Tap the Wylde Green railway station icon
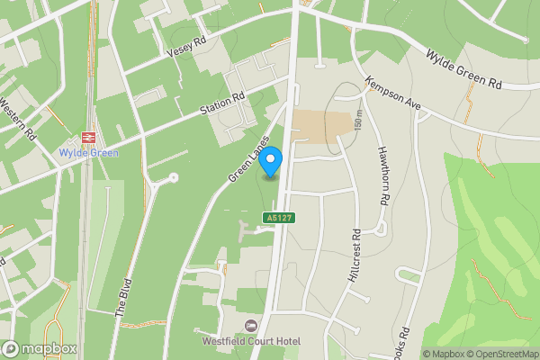tap(89, 137)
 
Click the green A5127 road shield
tap(279, 218)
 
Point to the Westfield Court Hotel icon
tap(250, 325)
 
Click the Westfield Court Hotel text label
tap(250, 342)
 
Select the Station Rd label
tap(222, 105)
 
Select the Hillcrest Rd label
tap(354, 256)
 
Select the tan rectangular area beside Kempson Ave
tap(321, 126)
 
